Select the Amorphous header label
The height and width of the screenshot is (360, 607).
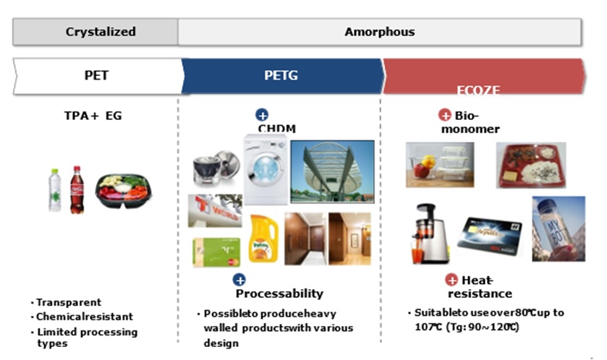pyautogui.click(x=379, y=32)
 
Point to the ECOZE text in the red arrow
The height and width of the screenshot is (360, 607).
pyautogui.click(x=478, y=90)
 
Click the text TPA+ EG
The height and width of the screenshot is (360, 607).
pyautogui.click(x=93, y=114)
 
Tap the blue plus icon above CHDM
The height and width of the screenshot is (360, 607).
pyautogui.click(x=262, y=115)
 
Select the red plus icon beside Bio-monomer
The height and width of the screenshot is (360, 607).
pyautogui.click(x=445, y=115)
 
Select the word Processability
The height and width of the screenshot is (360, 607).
pyautogui.click(x=279, y=293)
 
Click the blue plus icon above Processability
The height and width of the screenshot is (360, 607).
pyautogui.click(x=239, y=280)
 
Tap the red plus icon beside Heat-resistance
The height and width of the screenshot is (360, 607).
pyautogui.click(x=451, y=280)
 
